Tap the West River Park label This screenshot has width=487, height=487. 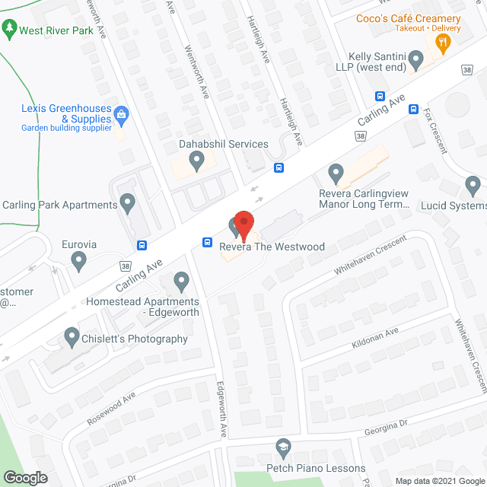click(56, 31)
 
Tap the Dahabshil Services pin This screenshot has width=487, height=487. click(197, 160)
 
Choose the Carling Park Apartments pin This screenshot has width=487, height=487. click(128, 204)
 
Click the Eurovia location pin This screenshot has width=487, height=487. click(78, 262)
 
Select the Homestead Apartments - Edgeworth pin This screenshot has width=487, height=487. click(181, 282)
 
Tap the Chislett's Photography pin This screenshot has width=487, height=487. click(72, 336)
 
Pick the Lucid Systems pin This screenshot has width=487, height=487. click(473, 185)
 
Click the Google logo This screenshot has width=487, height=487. click(24, 477)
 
